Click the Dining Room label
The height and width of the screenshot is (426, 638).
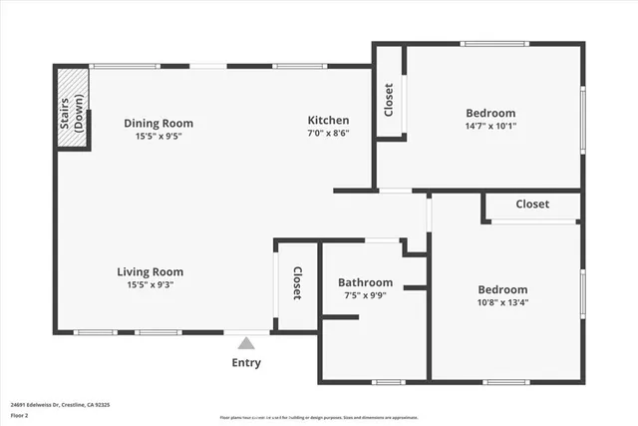point(152,123)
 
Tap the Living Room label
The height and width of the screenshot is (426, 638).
point(151,271)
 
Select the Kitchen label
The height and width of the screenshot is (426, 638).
point(328,120)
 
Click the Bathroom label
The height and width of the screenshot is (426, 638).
point(365,282)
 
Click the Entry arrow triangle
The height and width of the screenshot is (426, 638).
point(246,343)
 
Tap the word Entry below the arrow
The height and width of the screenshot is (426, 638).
point(246,363)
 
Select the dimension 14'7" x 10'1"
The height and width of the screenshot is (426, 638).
point(490,126)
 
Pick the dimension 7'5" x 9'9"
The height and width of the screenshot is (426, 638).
point(365,295)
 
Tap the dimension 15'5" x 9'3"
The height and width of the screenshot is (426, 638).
point(151,284)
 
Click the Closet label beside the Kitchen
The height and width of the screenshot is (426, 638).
point(389,98)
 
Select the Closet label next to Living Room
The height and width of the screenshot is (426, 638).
point(296,283)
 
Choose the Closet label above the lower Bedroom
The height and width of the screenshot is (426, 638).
point(532,205)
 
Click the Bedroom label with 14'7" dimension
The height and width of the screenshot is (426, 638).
point(490,113)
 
